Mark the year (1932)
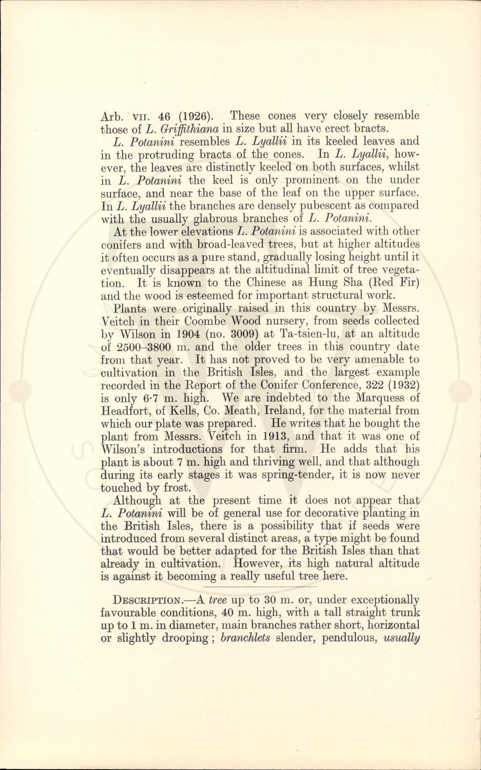tap(399, 386)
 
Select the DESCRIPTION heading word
tap(147, 600)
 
